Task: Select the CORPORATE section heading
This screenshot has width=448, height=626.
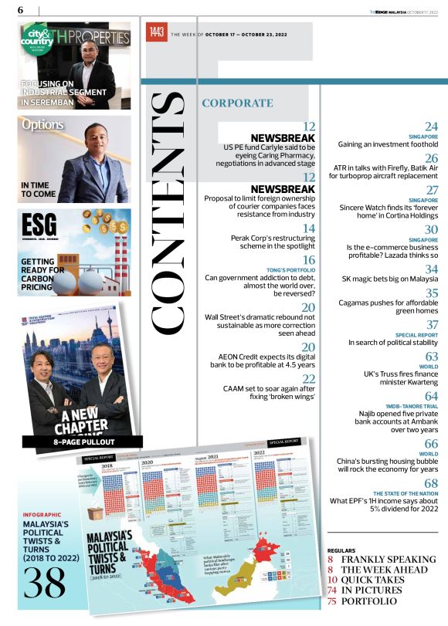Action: (x=237, y=103)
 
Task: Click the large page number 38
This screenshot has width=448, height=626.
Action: (x=43, y=584)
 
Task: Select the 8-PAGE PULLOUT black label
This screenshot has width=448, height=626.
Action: (x=73, y=442)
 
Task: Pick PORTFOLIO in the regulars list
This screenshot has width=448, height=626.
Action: (x=370, y=601)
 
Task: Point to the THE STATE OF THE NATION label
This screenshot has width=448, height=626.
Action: (x=406, y=493)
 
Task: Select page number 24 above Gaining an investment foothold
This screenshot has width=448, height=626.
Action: (x=431, y=126)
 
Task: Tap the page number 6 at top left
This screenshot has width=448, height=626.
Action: (x=19, y=9)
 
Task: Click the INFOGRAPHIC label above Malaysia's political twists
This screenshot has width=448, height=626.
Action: (x=42, y=513)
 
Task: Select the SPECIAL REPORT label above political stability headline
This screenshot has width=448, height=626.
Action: (x=416, y=335)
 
